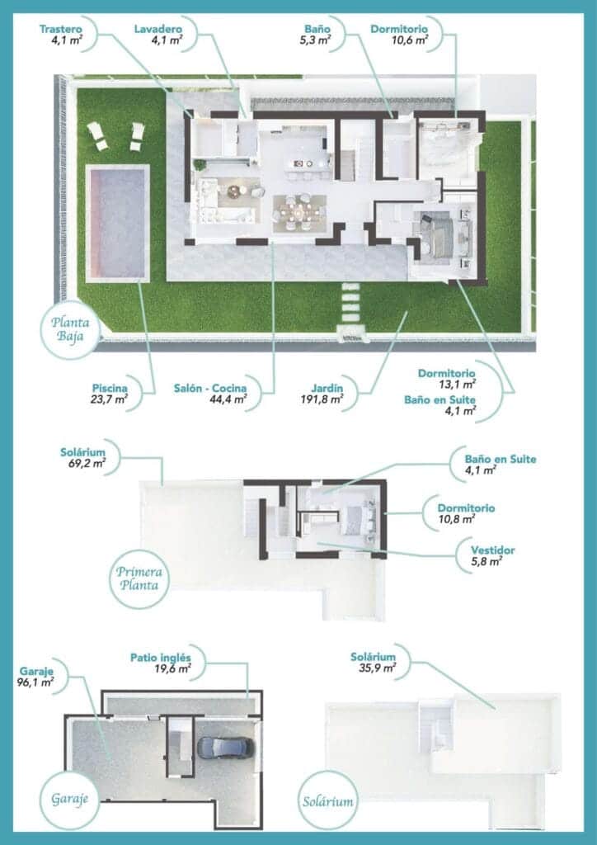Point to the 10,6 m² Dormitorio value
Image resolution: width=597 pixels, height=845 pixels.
(x=410, y=39)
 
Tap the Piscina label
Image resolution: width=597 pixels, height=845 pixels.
(x=110, y=385)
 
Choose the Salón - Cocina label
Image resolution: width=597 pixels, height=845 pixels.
(x=211, y=385)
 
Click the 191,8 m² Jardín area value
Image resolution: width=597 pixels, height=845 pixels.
(x=322, y=399)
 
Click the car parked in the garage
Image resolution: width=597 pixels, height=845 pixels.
(x=225, y=747)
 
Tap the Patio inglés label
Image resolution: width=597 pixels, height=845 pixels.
(x=161, y=658)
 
